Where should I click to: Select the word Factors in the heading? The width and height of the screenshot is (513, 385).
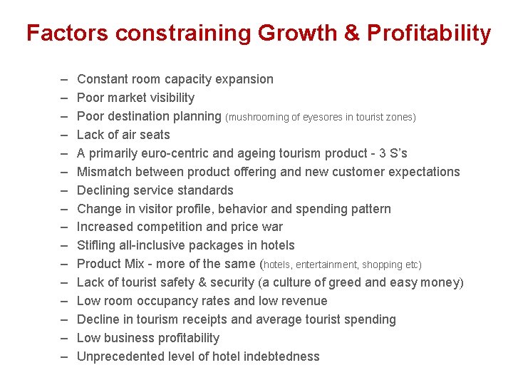pyautogui.click(x=67, y=34)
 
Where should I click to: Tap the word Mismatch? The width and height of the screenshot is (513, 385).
pyautogui.click(x=104, y=172)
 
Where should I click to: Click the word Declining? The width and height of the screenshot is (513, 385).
pyautogui.click(x=102, y=190)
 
